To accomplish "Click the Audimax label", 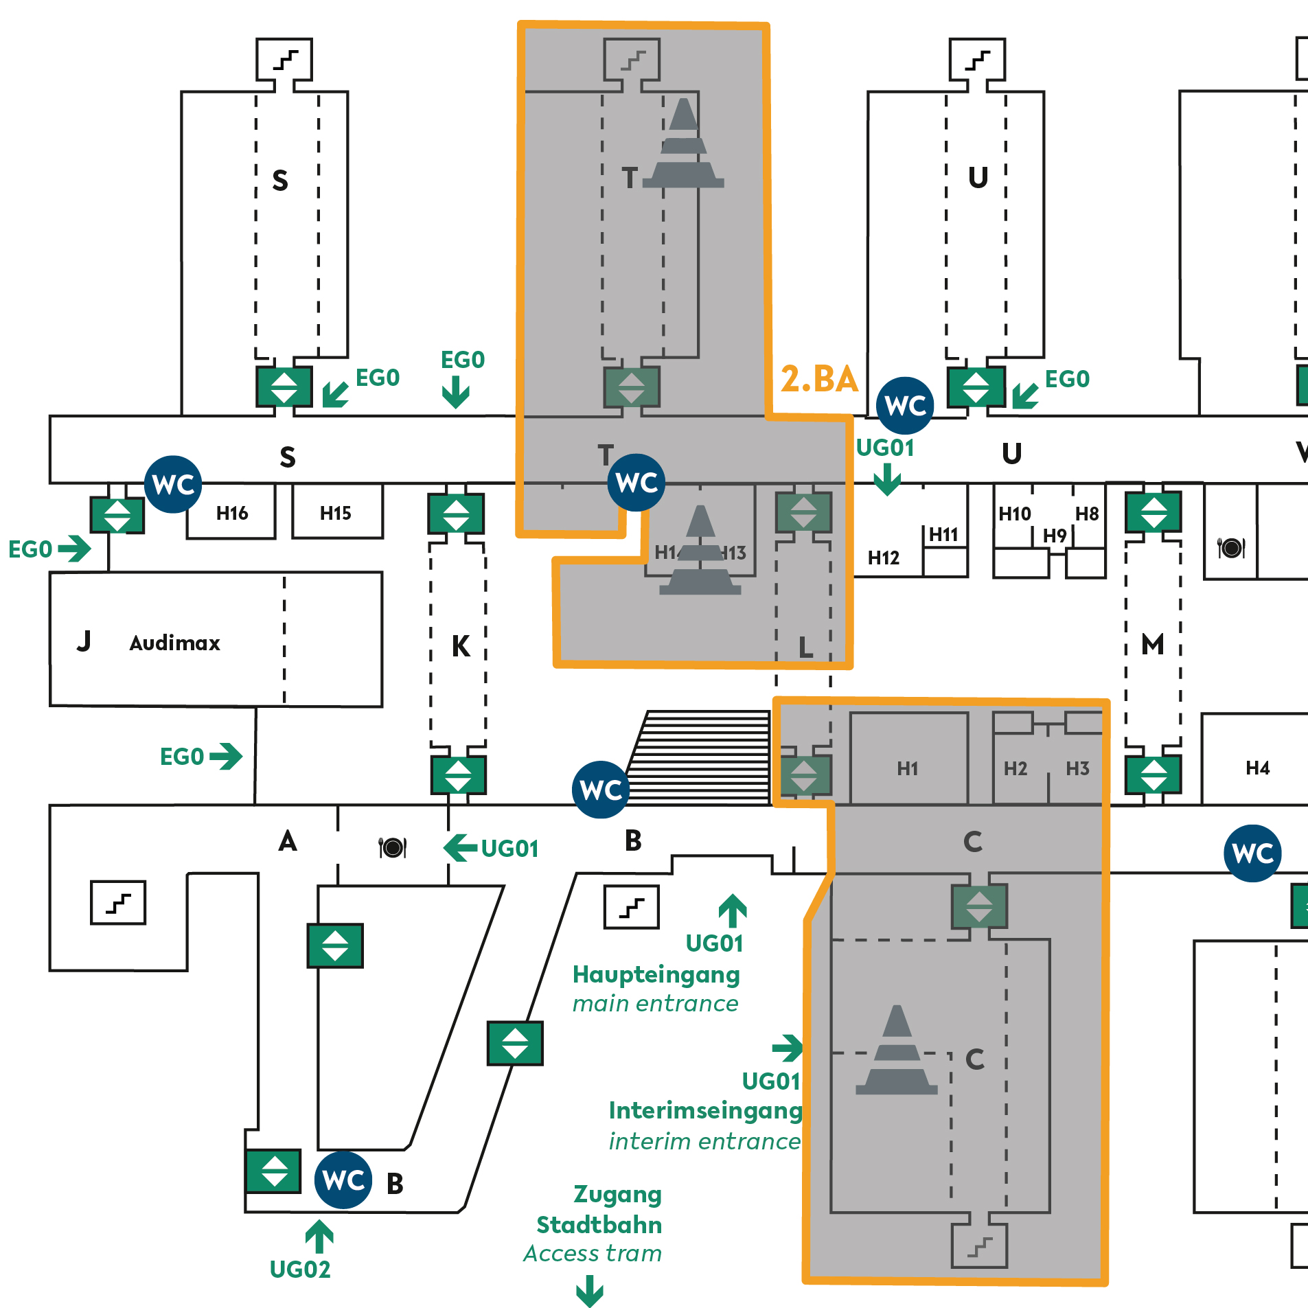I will [x=174, y=643].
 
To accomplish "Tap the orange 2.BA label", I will [x=819, y=379].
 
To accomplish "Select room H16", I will [x=231, y=513].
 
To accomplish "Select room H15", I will [x=335, y=513].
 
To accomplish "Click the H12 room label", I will [x=883, y=558].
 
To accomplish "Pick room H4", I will [x=1257, y=768].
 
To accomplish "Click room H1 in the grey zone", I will [x=907, y=768].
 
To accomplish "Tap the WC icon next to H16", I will [x=173, y=484].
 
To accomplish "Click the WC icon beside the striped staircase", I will [x=601, y=790].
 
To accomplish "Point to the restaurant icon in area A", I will [x=393, y=847].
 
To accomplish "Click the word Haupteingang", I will [x=656, y=974].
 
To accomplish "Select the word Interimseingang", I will [x=705, y=1110].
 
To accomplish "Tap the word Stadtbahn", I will [x=599, y=1225].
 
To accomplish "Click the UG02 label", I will [x=300, y=1270].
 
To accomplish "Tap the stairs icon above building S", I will [x=284, y=60].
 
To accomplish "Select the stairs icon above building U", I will [x=977, y=60].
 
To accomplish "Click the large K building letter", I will [x=461, y=646].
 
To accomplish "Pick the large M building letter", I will [x=1152, y=644].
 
